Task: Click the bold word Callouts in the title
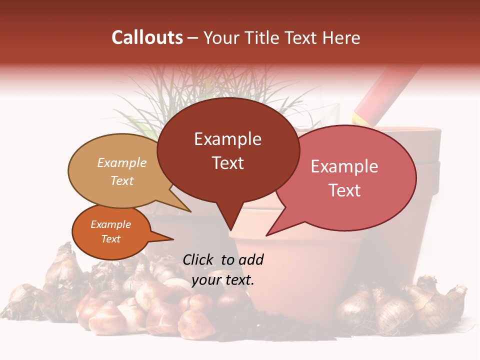(x=147, y=37)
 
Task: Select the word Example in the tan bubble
(x=122, y=162)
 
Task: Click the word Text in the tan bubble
(x=122, y=180)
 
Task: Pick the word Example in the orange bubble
(x=111, y=224)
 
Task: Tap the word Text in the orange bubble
(x=111, y=239)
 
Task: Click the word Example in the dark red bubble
(x=227, y=139)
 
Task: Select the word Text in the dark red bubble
(x=228, y=163)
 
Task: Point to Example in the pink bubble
(x=344, y=166)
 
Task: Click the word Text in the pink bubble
(x=345, y=190)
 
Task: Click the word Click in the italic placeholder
(x=199, y=259)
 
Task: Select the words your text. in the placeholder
(x=223, y=280)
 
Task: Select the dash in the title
(x=193, y=38)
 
